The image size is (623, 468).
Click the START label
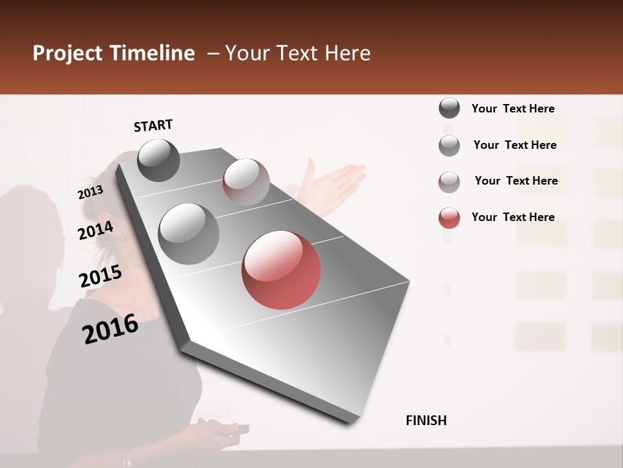click(x=153, y=125)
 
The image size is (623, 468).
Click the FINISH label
click(x=426, y=421)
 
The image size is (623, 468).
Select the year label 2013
click(x=90, y=192)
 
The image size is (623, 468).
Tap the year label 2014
click(x=95, y=230)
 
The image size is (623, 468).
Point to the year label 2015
click(x=101, y=276)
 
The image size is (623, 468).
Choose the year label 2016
click(x=110, y=328)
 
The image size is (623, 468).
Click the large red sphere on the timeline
click(x=281, y=270)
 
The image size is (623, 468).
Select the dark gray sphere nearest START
click(x=158, y=160)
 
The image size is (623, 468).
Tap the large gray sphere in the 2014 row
click(x=188, y=233)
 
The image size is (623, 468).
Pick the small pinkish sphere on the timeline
click(x=246, y=182)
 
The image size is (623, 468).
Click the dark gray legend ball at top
click(x=449, y=109)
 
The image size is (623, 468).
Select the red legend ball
click(x=449, y=218)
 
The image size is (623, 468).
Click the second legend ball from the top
click(x=449, y=146)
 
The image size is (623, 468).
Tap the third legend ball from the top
click(x=449, y=182)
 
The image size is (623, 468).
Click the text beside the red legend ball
click(x=513, y=217)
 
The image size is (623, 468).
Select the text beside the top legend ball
click(x=513, y=109)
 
